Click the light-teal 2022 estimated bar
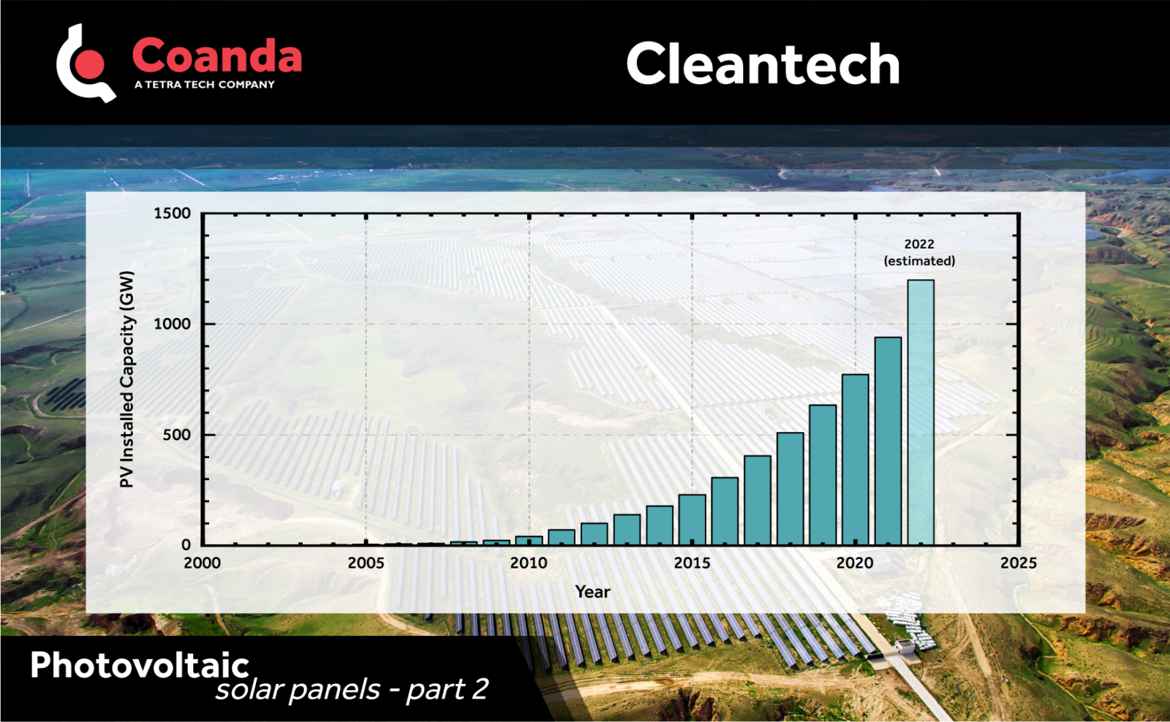click(921, 412)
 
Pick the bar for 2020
click(855, 460)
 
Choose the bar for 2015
click(692, 520)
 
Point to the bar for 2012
click(594, 533)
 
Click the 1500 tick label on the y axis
click(172, 213)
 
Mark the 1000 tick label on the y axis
click(172, 324)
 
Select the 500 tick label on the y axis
click(176, 435)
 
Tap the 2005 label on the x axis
click(366, 563)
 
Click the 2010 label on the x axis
click(529, 563)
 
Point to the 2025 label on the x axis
click(1018, 563)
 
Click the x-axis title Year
click(592, 592)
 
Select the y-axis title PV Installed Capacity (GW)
click(127, 379)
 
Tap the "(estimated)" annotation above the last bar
click(919, 261)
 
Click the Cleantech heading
click(763, 64)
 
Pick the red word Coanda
click(216, 56)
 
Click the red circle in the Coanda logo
click(91, 64)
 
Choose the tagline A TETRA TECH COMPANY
click(205, 85)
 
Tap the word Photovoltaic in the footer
click(140, 665)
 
